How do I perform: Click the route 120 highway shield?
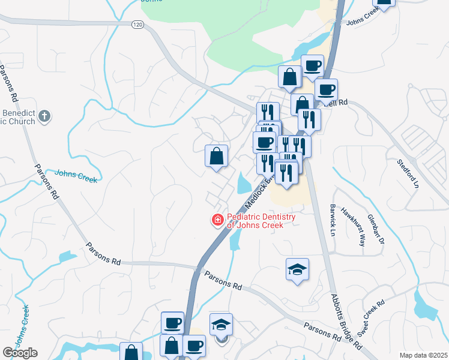pos(138,25)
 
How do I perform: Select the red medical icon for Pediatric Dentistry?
pos(217,221)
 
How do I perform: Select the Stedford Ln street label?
pos(408,173)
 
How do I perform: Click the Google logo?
pos(20,353)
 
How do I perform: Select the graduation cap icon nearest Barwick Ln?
pos(297,271)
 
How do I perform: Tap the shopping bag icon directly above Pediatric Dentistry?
pos(216,156)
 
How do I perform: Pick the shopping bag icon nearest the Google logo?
pos(131,352)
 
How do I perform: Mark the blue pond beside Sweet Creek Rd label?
pos(430,308)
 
